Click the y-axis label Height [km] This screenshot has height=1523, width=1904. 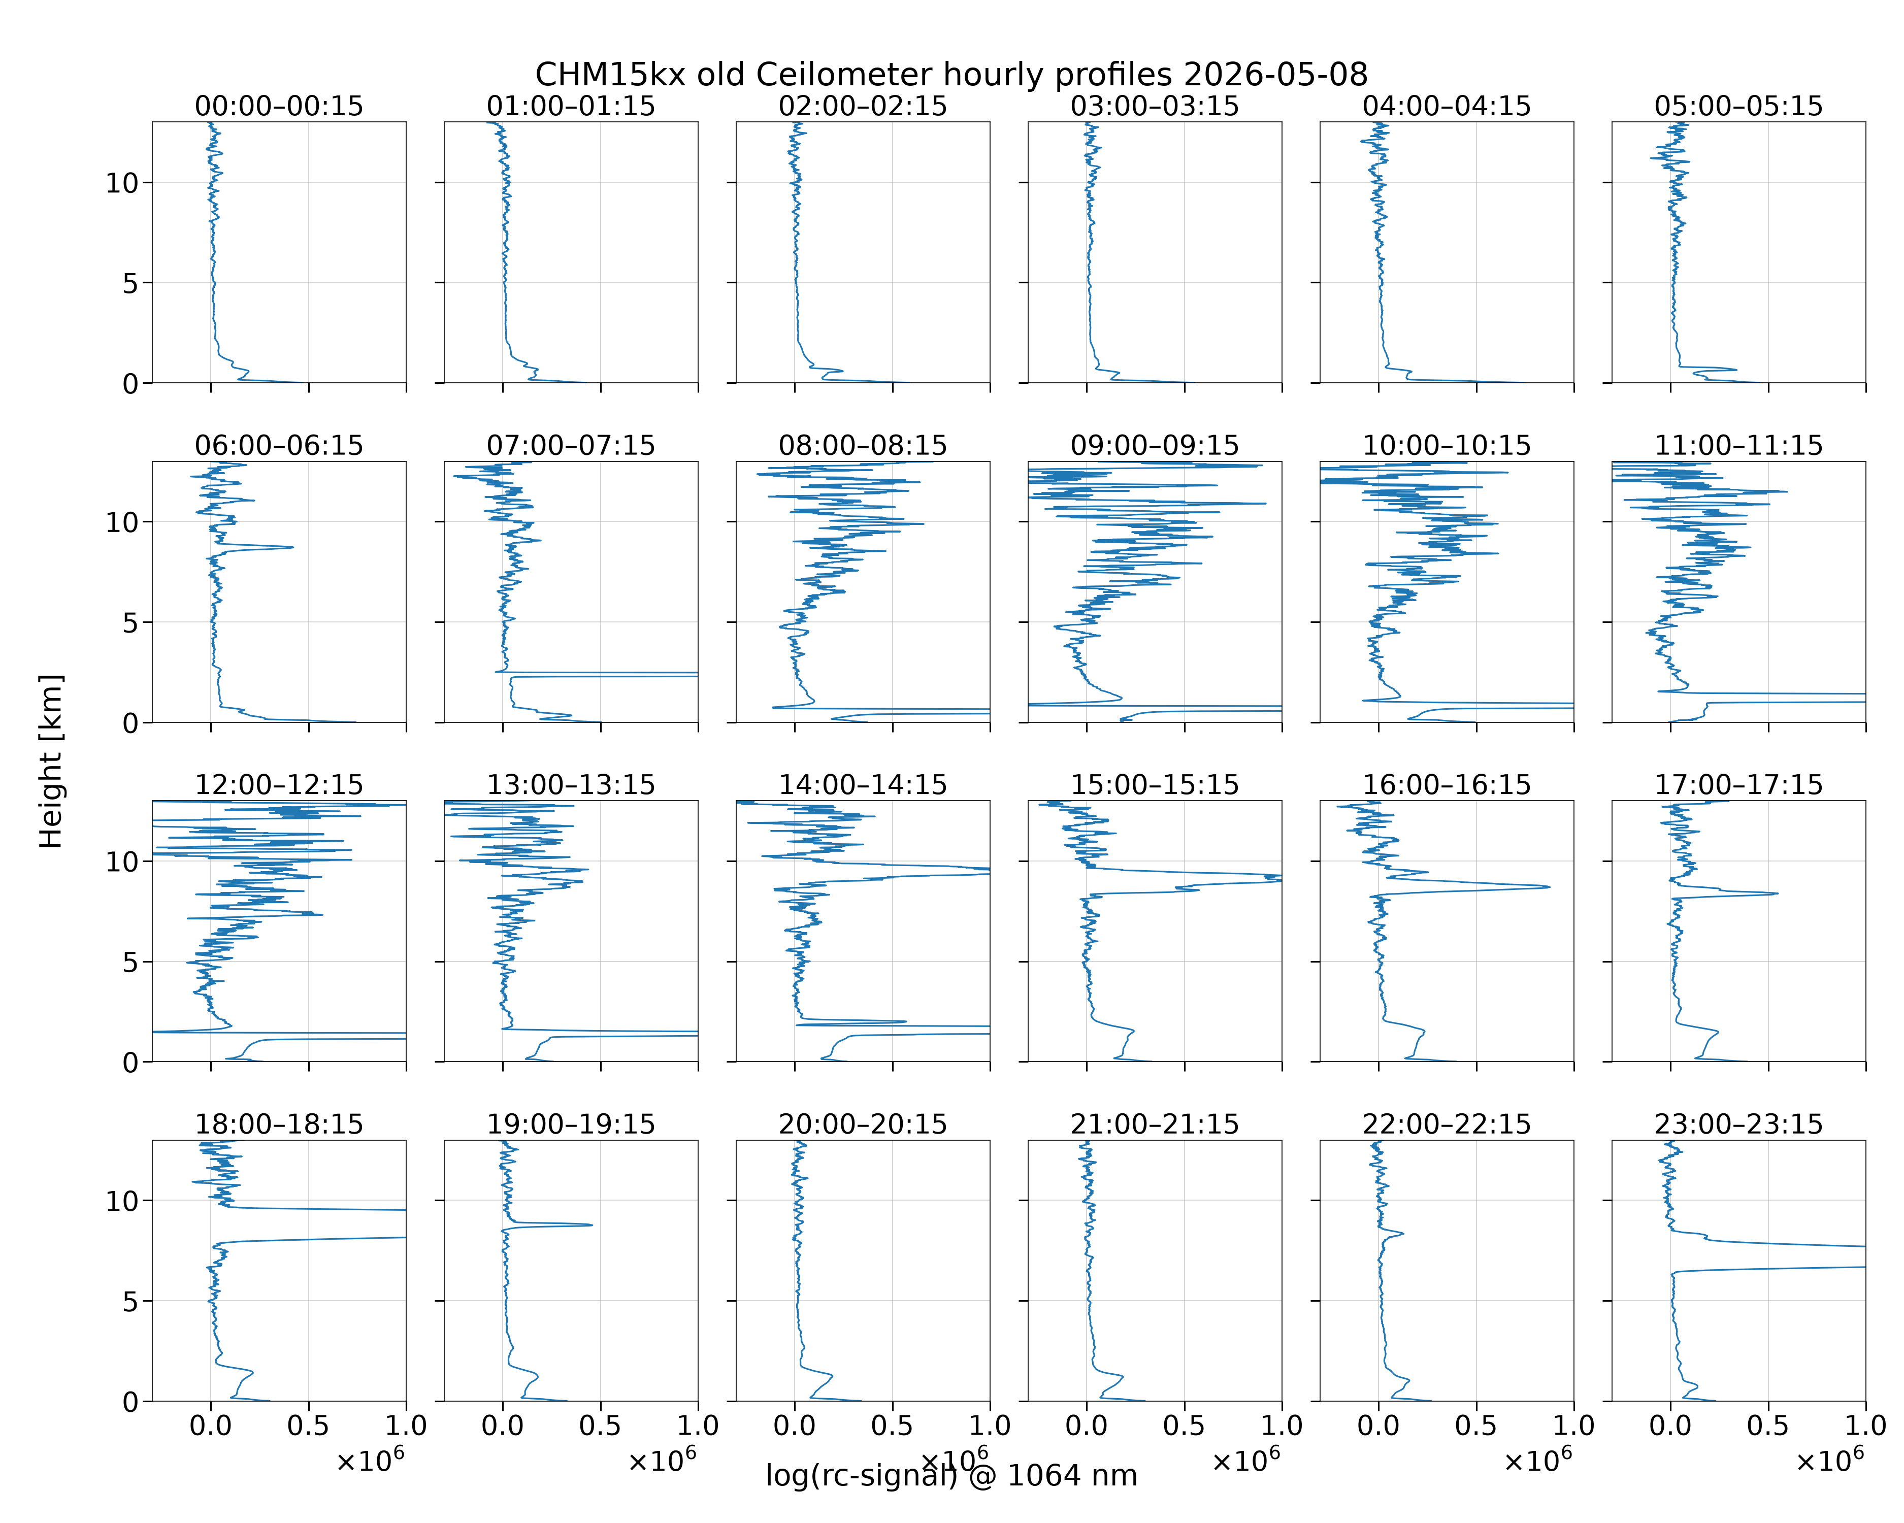tap(51, 761)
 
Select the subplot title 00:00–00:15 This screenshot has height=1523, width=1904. tap(279, 106)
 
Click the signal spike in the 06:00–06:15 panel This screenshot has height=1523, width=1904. tap(292, 547)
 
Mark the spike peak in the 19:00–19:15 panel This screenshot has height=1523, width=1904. tap(591, 1224)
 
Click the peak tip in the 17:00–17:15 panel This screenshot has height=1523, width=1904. tap(1777, 893)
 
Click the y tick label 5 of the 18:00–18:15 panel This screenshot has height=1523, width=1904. tap(130, 1301)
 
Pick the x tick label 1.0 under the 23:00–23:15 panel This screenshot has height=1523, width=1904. tap(1865, 1426)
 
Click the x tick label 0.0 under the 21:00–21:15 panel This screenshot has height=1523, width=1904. tap(1086, 1426)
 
